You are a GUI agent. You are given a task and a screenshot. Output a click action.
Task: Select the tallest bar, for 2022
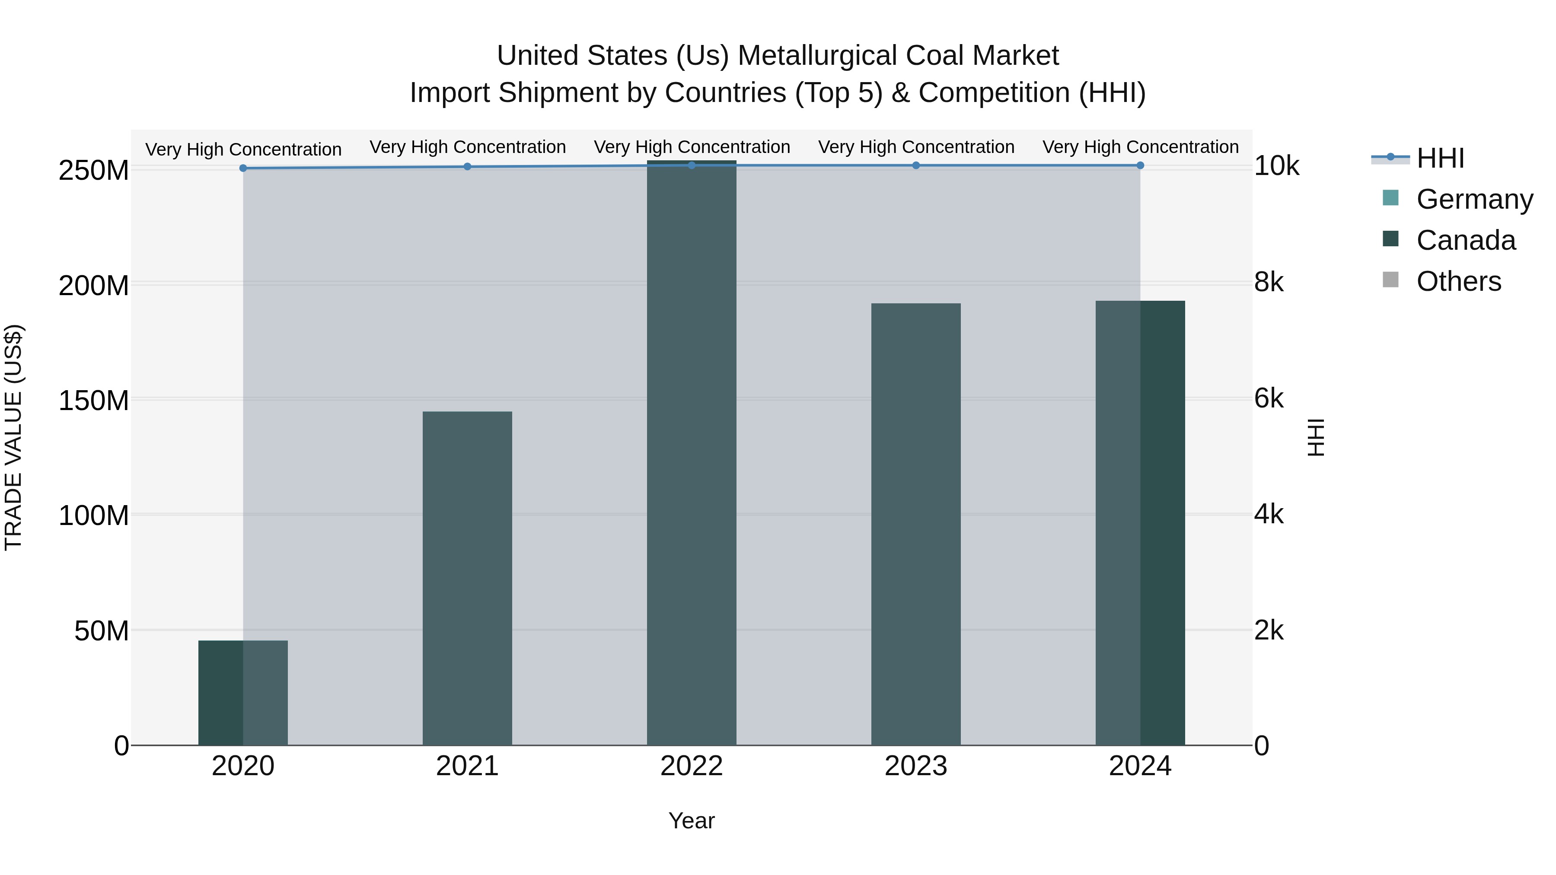(x=691, y=453)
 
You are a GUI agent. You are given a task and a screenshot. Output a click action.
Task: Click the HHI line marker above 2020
(x=243, y=169)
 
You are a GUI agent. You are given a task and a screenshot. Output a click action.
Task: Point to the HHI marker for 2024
(x=1140, y=165)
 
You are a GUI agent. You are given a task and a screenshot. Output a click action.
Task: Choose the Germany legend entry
(x=1474, y=199)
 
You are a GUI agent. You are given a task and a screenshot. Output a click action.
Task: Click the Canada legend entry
(x=1465, y=240)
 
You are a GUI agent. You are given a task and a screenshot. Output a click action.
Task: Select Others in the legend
(x=1458, y=281)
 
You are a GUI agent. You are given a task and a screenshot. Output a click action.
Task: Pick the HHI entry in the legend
(x=1440, y=158)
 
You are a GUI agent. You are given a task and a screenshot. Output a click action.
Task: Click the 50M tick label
(x=102, y=631)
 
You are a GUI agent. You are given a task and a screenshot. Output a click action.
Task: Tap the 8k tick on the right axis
(x=1269, y=282)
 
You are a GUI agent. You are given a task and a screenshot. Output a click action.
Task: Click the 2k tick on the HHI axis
(x=1269, y=630)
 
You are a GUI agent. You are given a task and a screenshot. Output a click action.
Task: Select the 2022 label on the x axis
(x=691, y=766)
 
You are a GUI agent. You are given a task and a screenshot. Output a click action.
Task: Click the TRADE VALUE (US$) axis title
(x=13, y=437)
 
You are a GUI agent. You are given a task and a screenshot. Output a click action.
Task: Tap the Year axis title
(x=691, y=821)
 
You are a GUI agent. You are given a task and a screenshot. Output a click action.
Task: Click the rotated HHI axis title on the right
(x=1315, y=437)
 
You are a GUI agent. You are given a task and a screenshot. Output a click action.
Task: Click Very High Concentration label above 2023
(x=916, y=147)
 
